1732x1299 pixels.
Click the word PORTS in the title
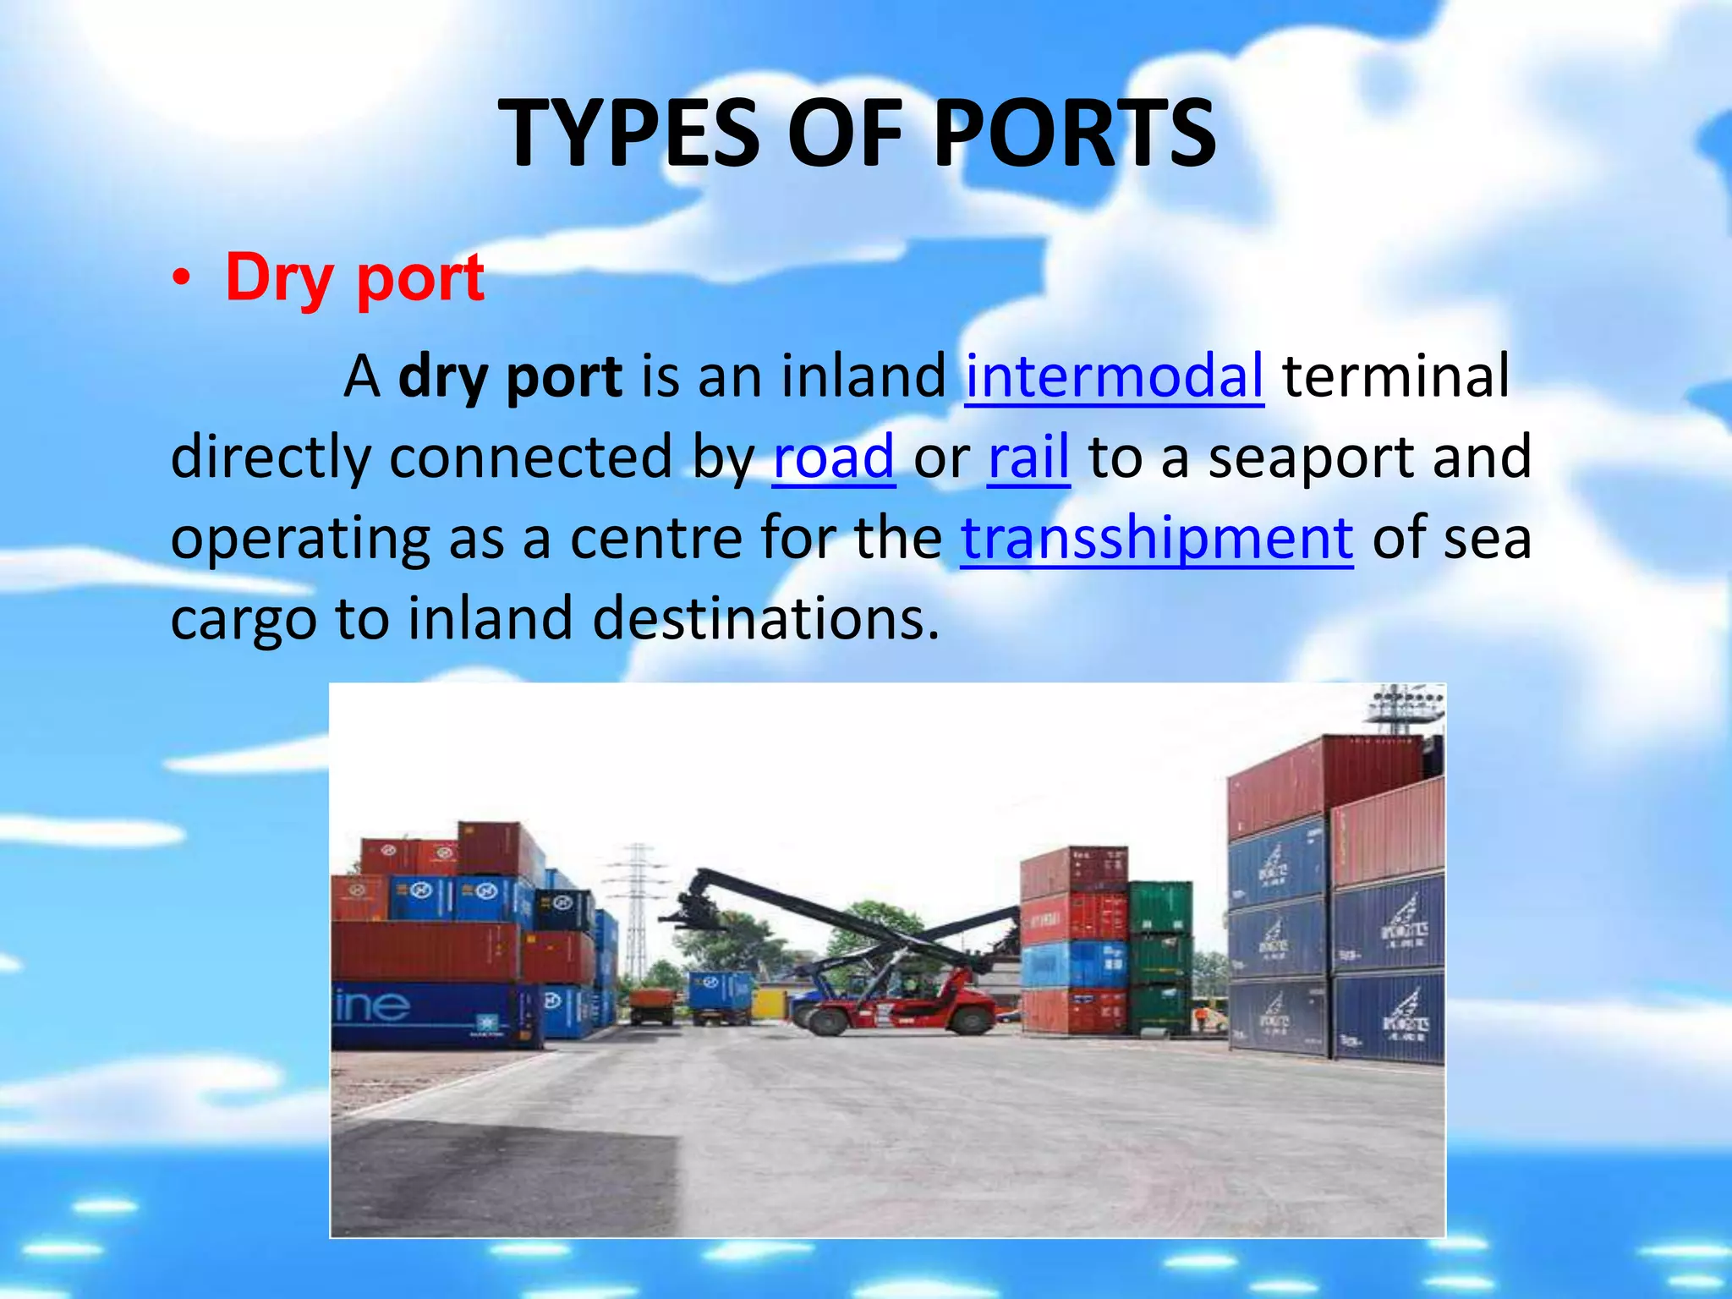(x=1075, y=134)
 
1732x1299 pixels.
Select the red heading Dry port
(x=354, y=278)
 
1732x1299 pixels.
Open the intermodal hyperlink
(x=1114, y=375)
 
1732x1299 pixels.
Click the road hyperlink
(x=833, y=457)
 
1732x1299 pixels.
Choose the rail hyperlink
(x=1028, y=457)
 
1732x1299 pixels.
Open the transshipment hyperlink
(x=1156, y=538)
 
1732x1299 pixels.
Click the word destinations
(x=765, y=618)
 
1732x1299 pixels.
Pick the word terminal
(x=1395, y=375)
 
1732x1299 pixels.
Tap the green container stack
(x=1160, y=956)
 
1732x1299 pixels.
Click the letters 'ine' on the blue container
(x=372, y=1006)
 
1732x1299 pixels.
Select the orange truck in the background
(x=652, y=1005)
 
